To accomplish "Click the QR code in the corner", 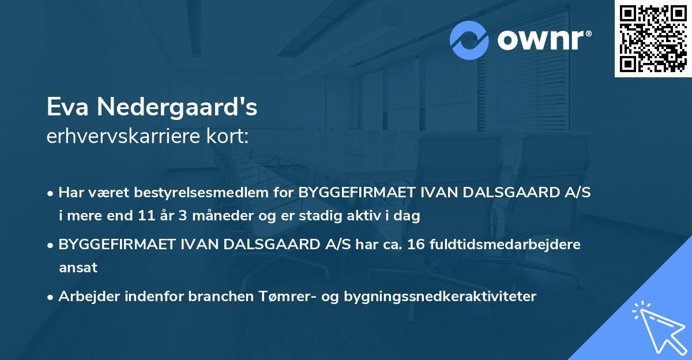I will (x=653, y=39).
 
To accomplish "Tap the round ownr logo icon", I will (x=469, y=40).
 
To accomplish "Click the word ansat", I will (x=78, y=267).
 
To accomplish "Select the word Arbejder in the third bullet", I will (x=85, y=297).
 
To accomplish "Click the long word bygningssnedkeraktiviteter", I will (x=439, y=297).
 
